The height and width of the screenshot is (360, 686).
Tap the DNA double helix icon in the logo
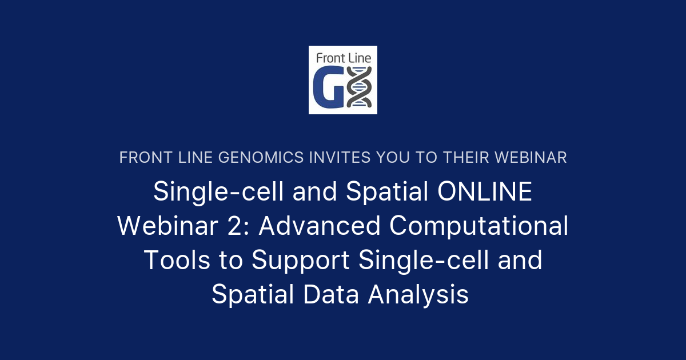click(359, 87)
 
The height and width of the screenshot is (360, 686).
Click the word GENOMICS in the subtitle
click(261, 158)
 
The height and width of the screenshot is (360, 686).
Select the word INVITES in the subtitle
click(340, 158)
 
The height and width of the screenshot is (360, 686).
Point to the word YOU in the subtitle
click(393, 158)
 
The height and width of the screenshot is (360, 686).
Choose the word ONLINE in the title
click(485, 191)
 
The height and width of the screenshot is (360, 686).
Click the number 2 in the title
click(236, 226)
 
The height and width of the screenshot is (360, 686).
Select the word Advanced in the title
click(320, 226)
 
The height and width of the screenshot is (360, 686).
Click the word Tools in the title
click(177, 260)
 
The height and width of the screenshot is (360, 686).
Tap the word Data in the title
click(331, 294)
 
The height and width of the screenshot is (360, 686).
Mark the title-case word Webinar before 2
click(167, 226)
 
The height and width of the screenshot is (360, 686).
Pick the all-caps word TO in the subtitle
click(426, 158)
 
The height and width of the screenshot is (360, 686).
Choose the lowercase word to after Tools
click(231, 261)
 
